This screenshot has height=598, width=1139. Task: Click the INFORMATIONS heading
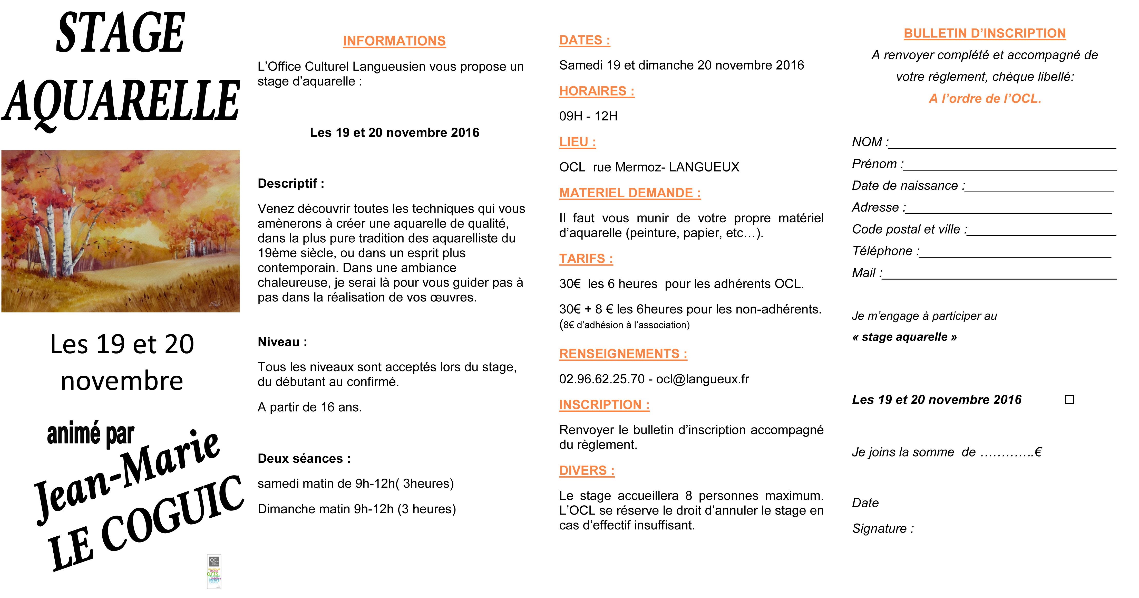click(394, 41)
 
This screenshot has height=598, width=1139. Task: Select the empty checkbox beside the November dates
click(1069, 400)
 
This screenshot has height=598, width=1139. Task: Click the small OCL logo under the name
click(214, 572)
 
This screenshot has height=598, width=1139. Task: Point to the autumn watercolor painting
click(120, 231)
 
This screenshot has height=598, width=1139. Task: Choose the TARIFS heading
click(586, 259)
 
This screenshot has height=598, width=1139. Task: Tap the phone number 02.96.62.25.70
click(601, 379)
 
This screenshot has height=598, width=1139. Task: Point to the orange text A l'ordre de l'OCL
click(985, 98)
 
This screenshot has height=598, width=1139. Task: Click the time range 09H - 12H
click(588, 116)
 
